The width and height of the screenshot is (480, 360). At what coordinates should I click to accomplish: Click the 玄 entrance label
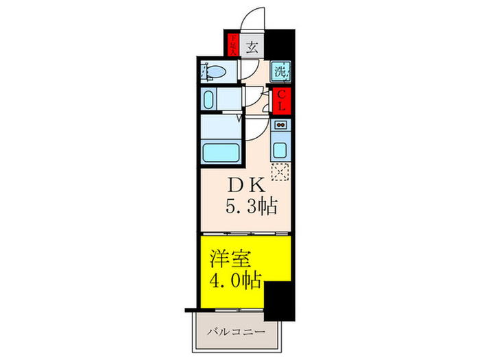point(252,48)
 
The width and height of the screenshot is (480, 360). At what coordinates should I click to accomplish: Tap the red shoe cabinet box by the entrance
point(233,45)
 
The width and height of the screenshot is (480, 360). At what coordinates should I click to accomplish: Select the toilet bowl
point(214,71)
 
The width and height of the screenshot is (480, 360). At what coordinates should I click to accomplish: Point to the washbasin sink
point(211,97)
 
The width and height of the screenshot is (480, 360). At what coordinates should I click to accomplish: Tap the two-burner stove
point(280,125)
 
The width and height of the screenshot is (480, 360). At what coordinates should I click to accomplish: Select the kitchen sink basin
point(280,148)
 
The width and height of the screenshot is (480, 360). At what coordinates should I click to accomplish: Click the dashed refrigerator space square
point(280,173)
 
